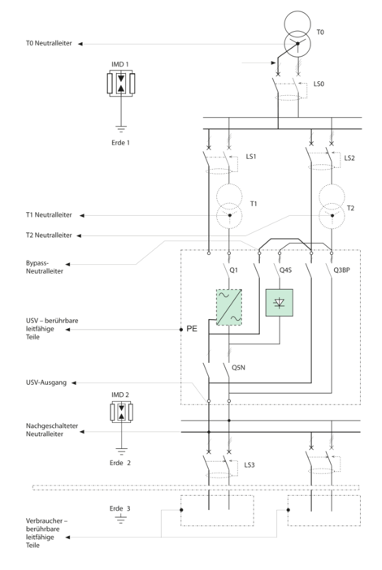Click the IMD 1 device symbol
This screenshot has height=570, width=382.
point(121,84)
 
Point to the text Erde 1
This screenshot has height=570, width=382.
point(119,142)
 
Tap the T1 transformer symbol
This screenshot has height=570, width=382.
point(229,207)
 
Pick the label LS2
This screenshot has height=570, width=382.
point(349,157)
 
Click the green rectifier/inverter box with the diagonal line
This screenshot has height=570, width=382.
point(228,308)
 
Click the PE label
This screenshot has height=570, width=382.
point(193,330)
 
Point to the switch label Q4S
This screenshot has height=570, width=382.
point(286,269)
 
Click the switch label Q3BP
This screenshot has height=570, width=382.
point(341,269)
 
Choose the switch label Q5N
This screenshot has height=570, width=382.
point(239,367)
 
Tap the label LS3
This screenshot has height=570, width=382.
point(251,464)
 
